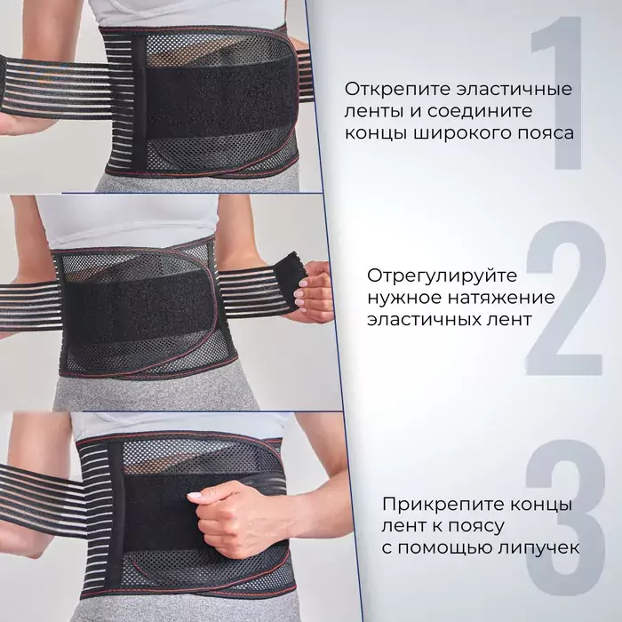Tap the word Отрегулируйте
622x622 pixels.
(442, 276)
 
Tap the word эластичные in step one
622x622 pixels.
(514, 89)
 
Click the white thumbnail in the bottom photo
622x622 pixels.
(194, 496)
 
